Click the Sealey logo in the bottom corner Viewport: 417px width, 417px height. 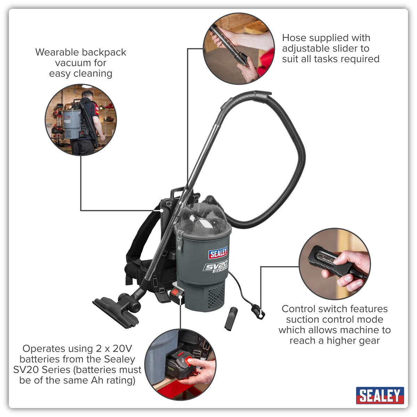(x=380, y=395)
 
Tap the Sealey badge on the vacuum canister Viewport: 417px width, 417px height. (x=218, y=253)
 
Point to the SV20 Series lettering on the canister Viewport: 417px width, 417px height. (x=215, y=267)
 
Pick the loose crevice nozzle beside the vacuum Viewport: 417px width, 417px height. (x=231, y=319)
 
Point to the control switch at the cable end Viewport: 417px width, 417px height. (x=258, y=312)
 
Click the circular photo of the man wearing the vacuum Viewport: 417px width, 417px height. (x=81, y=120)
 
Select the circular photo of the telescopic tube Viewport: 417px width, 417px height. (x=239, y=49)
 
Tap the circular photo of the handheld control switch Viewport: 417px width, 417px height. (x=335, y=264)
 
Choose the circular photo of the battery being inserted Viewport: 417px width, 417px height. (x=180, y=365)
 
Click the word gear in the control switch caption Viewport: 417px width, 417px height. (x=369, y=341)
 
